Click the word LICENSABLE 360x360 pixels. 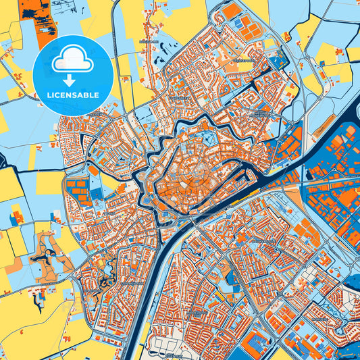72,95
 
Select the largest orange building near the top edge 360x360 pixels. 232,11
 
